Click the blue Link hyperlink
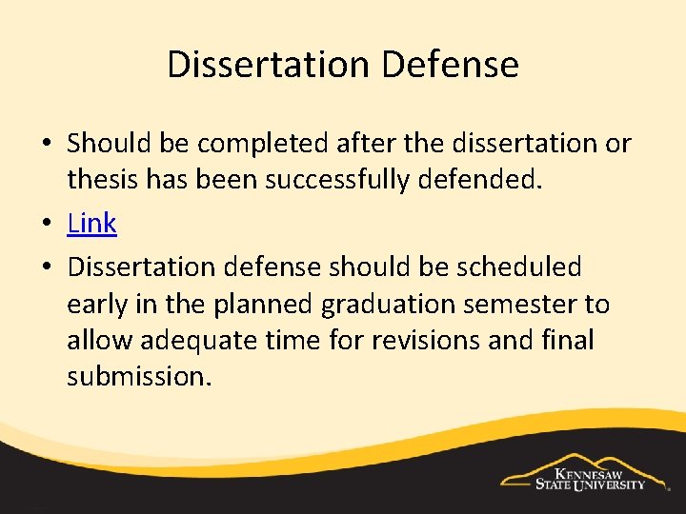[91, 224]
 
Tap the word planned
[268, 305]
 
